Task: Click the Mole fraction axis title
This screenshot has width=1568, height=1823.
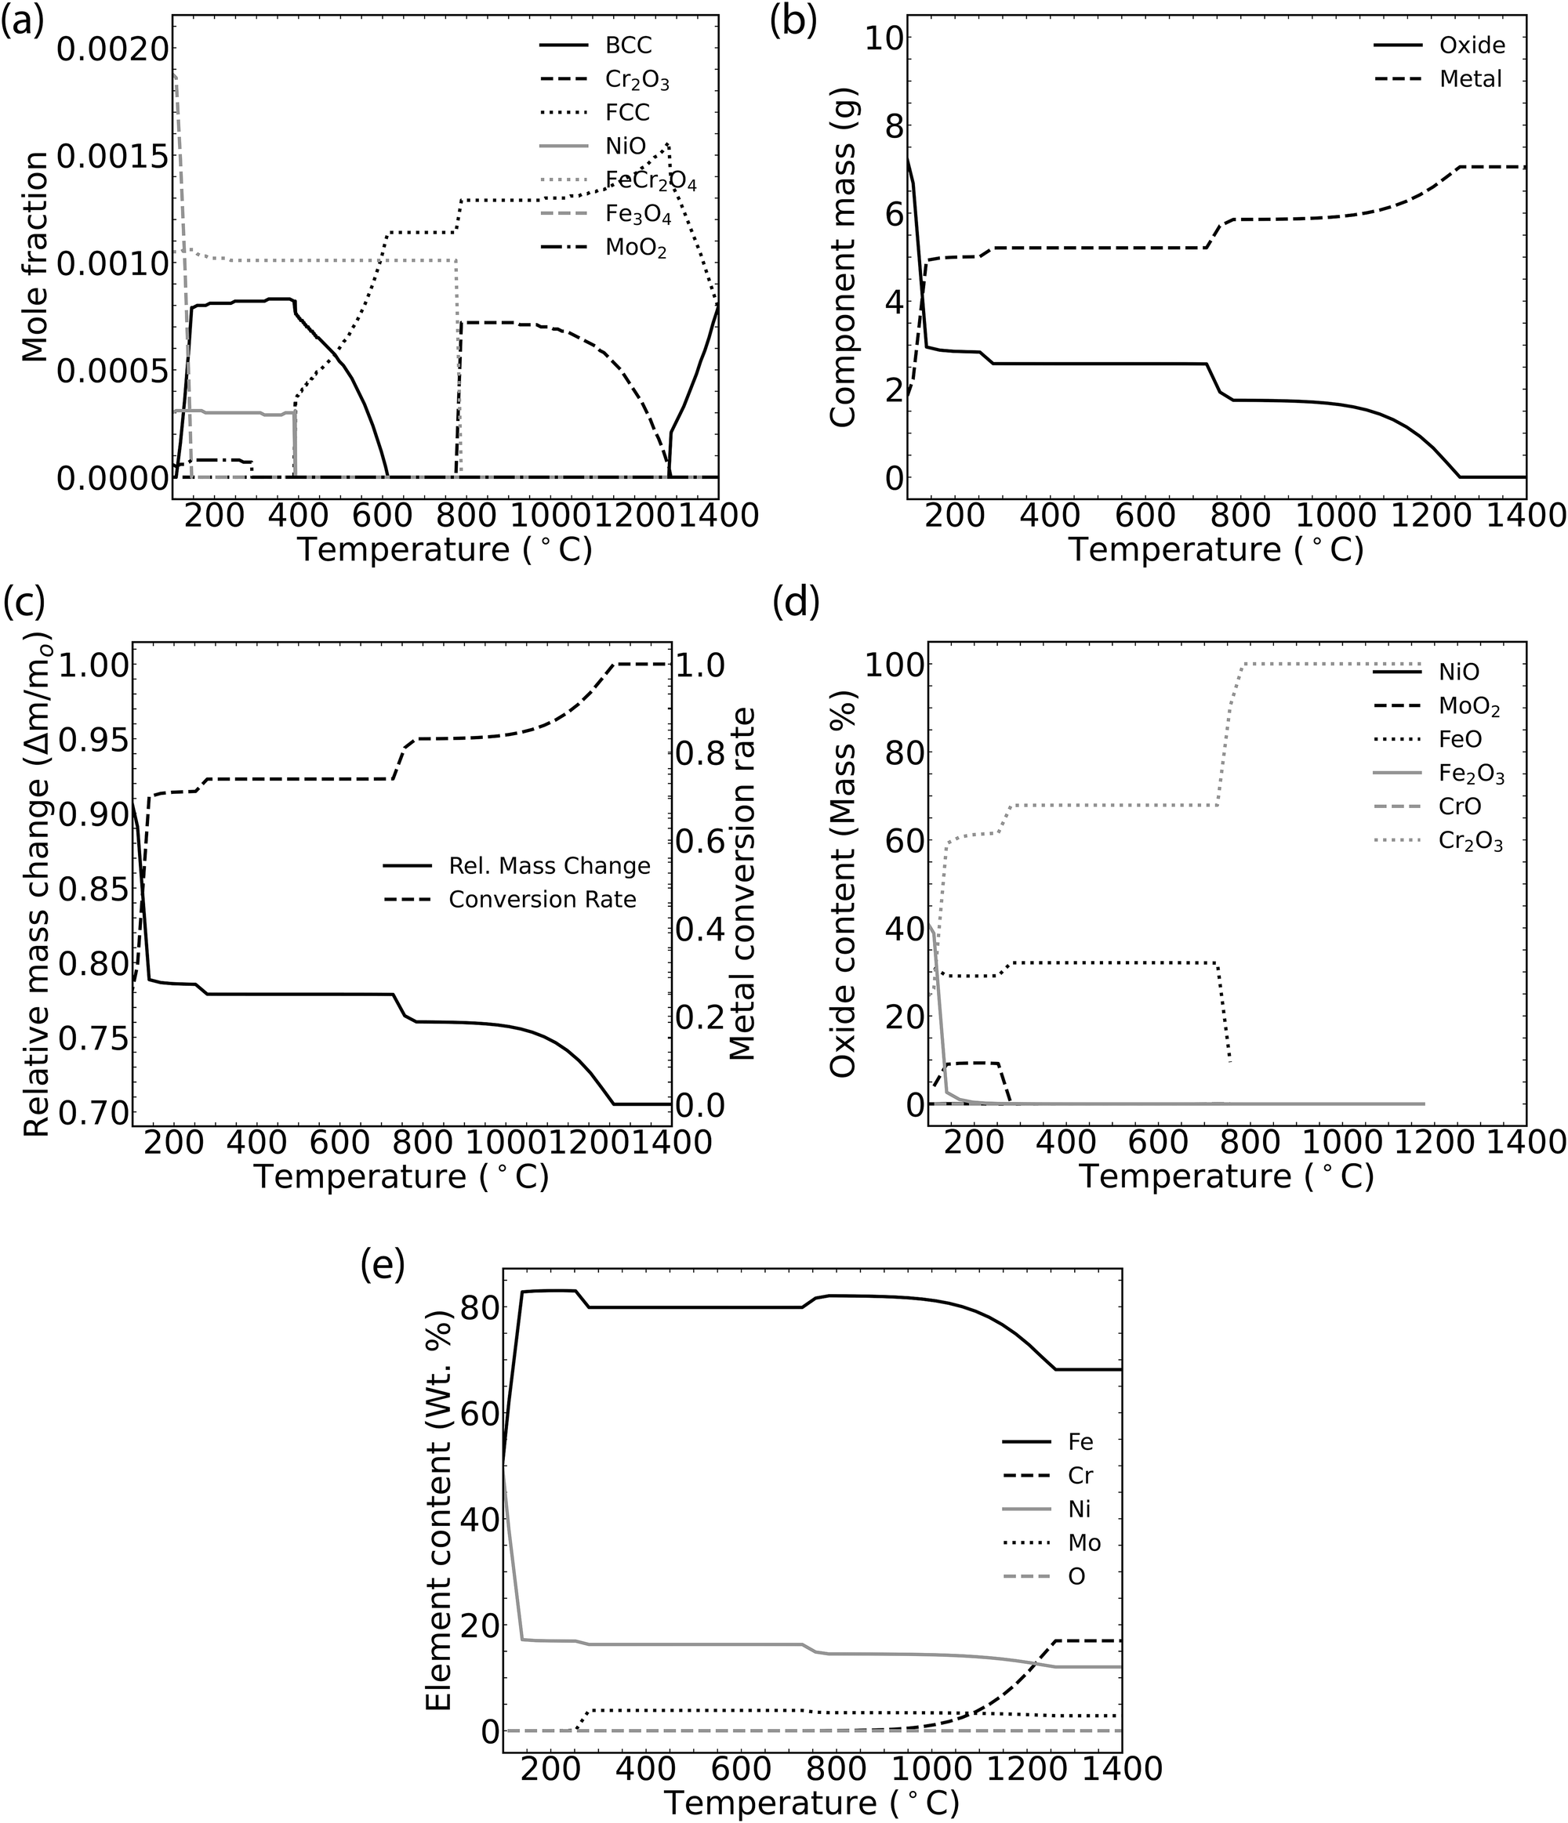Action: click(35, 256)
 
